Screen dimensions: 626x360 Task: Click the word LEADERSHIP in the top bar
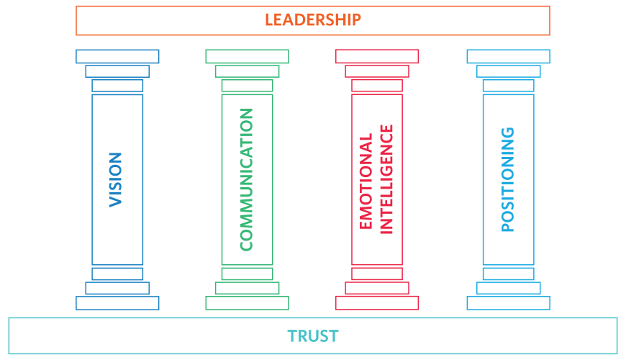pos(313,19)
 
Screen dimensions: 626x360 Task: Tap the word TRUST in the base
pos(313,336)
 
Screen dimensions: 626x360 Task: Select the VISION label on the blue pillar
pos(116,179)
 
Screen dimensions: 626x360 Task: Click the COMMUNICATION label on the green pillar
pos(246,179)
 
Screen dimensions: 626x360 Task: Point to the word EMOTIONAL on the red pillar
pos(366,181)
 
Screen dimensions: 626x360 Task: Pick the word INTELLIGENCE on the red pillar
pos(386,179)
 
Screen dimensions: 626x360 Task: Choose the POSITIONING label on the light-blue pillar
pos(508,179)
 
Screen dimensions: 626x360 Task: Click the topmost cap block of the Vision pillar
pos(117,56)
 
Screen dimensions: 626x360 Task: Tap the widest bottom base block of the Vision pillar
pos(117,303)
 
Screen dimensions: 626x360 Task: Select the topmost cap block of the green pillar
pos(247,56)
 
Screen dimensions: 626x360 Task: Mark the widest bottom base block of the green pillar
pos(247,303)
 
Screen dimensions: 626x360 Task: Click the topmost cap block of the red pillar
pos(377,56)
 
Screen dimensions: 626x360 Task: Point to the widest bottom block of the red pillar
pos(377,303)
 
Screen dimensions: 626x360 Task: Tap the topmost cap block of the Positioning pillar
pos(508,56)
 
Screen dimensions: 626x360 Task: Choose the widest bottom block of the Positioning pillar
pos(508,303)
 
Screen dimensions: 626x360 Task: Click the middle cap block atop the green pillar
pos(247,71)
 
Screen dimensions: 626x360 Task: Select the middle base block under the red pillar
pos(377,288)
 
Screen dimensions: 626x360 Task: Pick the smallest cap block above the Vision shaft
pos(117,86)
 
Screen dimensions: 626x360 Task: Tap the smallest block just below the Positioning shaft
pos(508,274)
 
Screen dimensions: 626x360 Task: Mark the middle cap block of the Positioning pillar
pos(508,71)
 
